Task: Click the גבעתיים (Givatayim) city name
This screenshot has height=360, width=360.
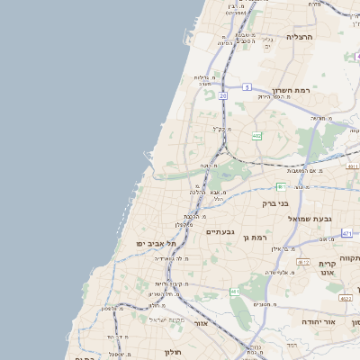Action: click(220, 231)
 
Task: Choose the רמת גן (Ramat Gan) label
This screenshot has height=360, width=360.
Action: click(256, 236)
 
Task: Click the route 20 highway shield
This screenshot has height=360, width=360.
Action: click(222, 94)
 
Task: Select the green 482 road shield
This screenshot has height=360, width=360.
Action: click(257, 136)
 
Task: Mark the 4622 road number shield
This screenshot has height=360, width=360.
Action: click(346, 298)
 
